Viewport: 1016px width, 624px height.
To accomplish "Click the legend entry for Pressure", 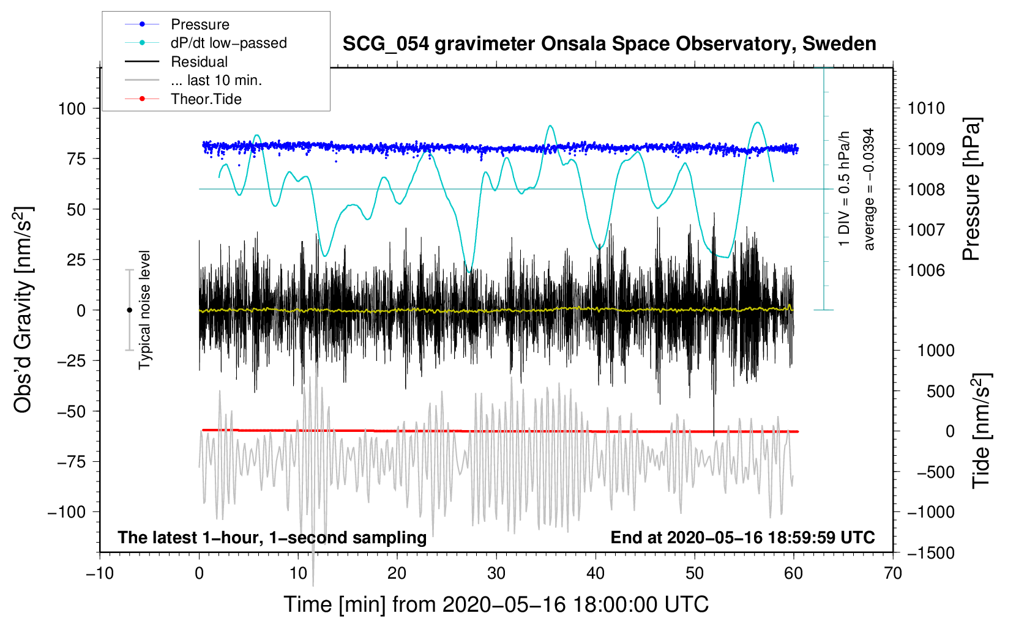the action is (x=177, y=24).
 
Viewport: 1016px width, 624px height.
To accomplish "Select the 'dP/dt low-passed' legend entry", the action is (x=206, y=43).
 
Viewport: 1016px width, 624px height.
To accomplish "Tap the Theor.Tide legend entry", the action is (x=183, y=99).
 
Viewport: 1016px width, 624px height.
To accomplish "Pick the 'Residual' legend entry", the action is (x=176, y=61).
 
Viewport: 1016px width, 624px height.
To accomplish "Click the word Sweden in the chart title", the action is (x=839, y=43).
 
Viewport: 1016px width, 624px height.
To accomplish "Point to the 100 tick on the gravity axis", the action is (x=72, y=109).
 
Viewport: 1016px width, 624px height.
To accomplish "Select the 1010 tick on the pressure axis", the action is (x=926, y=108).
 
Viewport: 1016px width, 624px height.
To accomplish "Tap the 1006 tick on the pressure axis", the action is (x=926, y=270).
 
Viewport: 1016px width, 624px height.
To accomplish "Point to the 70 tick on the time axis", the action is (x=892, y=573).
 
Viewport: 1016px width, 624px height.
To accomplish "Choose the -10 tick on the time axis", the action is (x=100, y=573).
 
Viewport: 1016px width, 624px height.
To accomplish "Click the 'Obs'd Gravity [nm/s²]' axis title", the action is (x=23, y=310).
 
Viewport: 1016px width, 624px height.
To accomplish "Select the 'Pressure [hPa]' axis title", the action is (x=971, y=189).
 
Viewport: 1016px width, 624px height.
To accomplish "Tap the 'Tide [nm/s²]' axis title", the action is (x=982, y=431).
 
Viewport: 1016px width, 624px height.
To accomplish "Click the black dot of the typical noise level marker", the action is (x=129, y=310).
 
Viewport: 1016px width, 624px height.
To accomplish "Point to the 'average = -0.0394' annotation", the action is (x=868, y=189).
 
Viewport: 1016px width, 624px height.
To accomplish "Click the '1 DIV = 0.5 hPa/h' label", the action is (x=843, y=189).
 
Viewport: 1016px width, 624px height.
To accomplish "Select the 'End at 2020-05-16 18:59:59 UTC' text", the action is (x=742, y=537).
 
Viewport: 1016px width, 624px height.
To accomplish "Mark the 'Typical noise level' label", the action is (x=144, y=310).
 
